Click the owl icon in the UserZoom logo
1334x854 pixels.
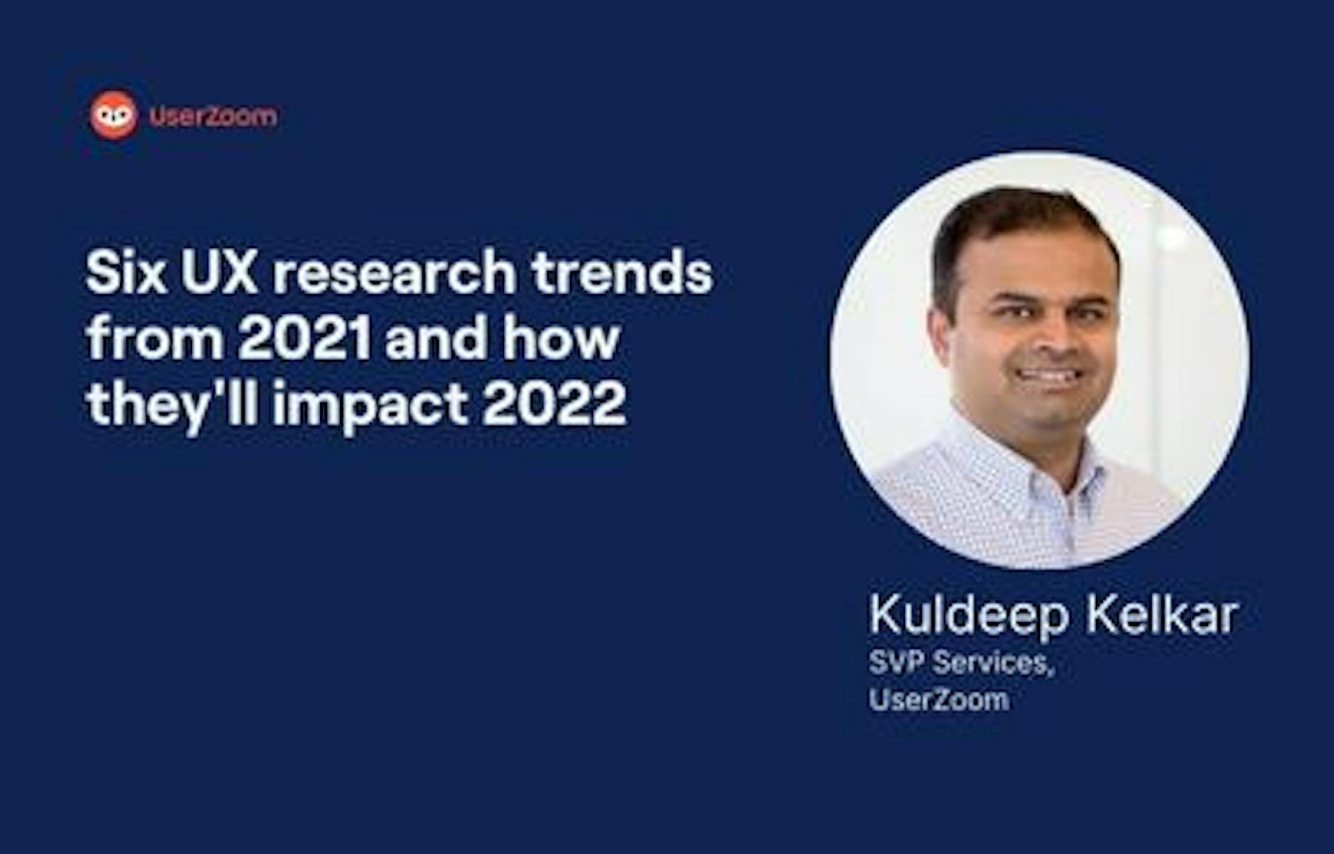(x=113, y=116)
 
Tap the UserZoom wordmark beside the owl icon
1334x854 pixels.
(x=213, y=116)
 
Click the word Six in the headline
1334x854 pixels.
(x=125, y=272)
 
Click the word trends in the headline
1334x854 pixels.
(x=621, y=272)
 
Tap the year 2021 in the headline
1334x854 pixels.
(x=304, y=338)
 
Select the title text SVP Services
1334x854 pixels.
(x=961, y=663)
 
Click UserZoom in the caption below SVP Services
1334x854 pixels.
(x=939, y=700)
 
